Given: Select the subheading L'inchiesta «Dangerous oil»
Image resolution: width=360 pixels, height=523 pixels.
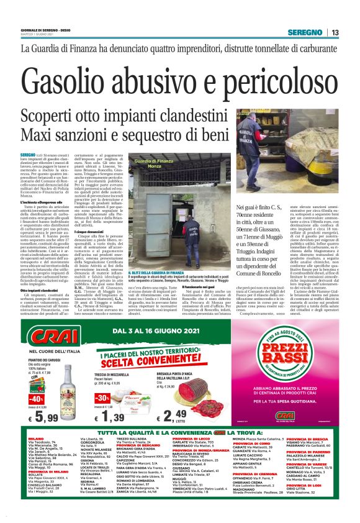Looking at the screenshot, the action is (43, 202).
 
